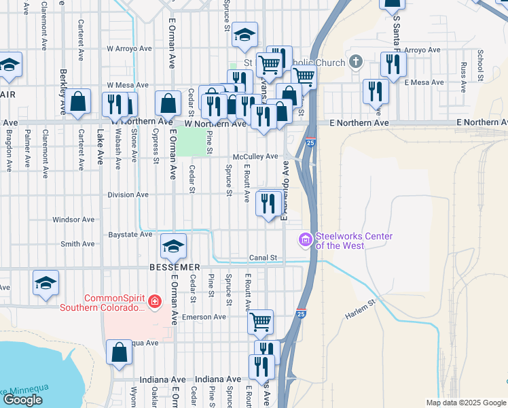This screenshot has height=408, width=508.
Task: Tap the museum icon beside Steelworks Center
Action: [x=305, y=239]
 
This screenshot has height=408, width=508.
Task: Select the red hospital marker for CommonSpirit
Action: [x=156, y=301]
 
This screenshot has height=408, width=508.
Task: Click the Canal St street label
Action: [x=264, y=258]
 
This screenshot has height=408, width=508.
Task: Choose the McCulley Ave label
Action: [x=255, y=156]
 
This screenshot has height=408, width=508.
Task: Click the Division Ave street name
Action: [x=128, y=194]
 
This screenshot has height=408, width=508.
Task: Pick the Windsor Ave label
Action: [x=73, y=220]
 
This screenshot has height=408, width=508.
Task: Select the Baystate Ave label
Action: [x=130, y=235]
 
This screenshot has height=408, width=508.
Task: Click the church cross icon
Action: [x=355, y=63]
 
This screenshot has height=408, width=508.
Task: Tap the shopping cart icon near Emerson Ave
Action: [x=260, y=321]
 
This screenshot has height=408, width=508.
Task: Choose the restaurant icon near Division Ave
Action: [x=269, y=202]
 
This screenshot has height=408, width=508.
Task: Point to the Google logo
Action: [x=22, y=400]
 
